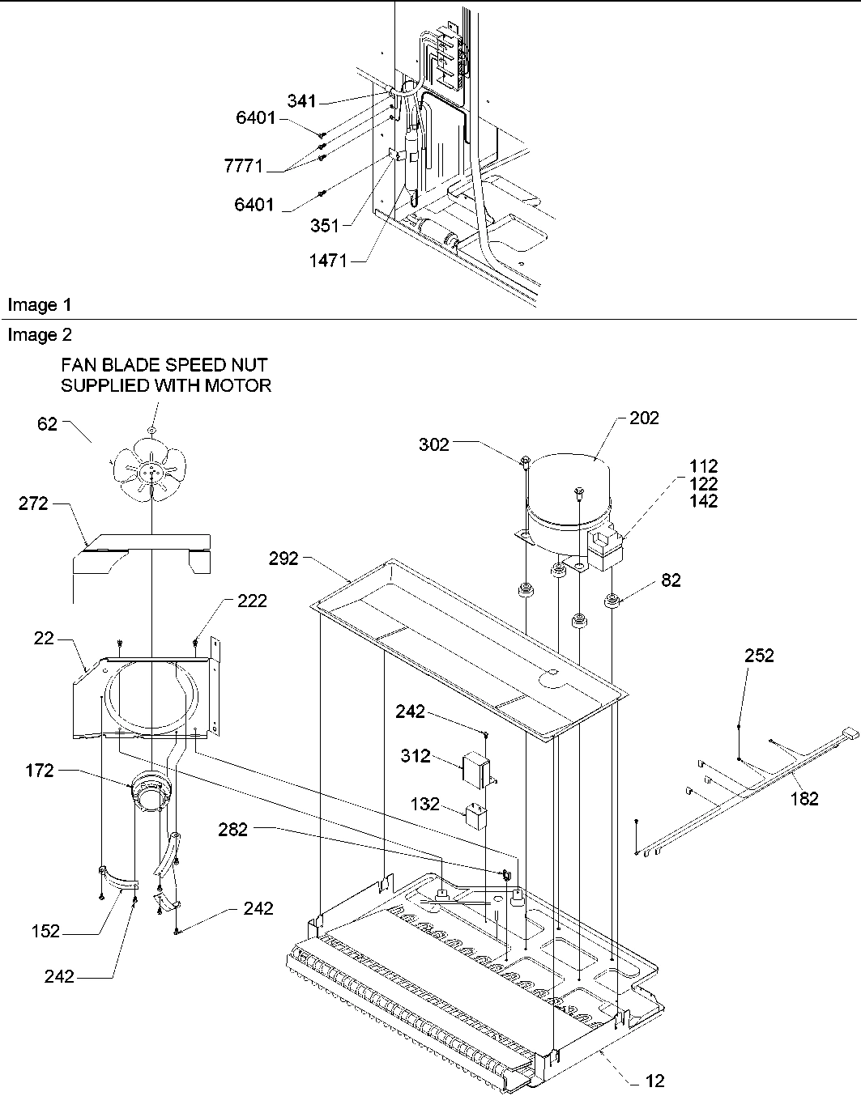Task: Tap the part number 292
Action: pos(285,559)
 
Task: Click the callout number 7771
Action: pos(244,166)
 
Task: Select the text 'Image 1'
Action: pos(39,305)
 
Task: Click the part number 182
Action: pos(804,799)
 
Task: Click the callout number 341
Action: pos(301,101)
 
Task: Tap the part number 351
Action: pos(325,226)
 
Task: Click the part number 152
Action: pos(46,932)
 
